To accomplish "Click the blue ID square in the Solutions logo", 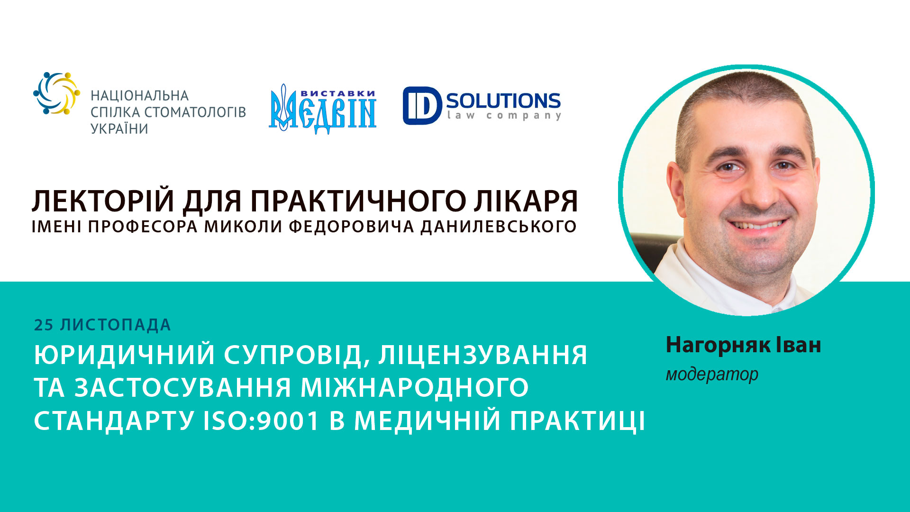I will [421, 106].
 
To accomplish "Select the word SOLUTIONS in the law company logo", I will [503, 101].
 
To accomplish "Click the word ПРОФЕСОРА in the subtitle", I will [143, 227].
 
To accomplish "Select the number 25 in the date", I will [44, 325].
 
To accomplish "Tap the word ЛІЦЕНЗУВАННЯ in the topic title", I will [482, 355].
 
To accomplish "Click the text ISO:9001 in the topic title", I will [261, 421].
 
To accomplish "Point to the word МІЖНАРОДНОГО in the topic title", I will [414, 388].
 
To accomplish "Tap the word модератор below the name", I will [712, 375].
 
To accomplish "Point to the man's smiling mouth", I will [757, 225].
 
